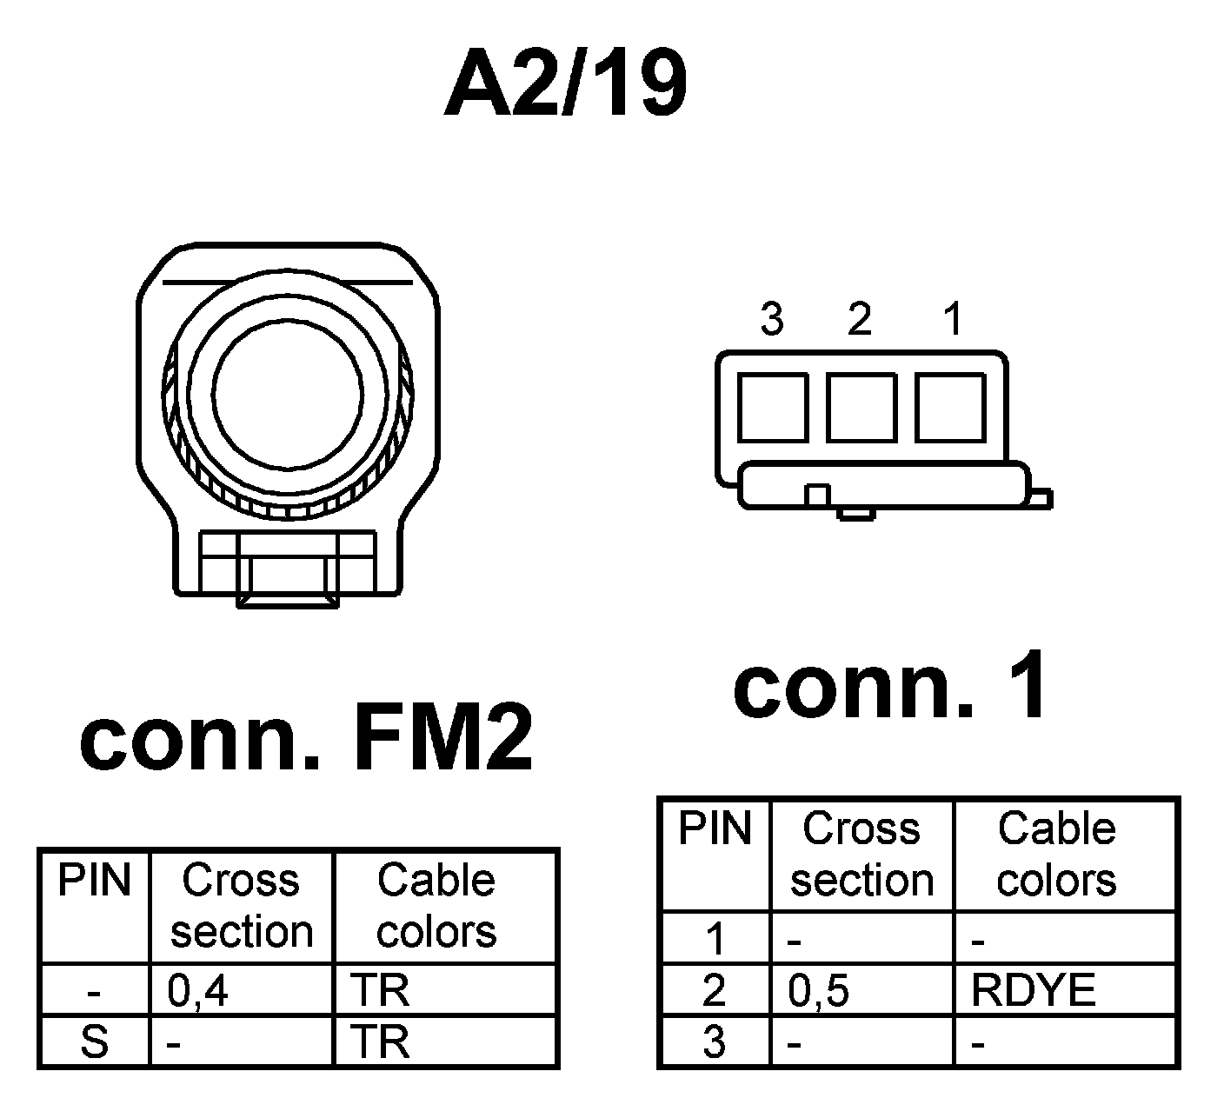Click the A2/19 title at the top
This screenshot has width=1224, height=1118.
565,84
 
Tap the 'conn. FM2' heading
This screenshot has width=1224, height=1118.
306,741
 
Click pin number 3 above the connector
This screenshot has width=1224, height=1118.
771,320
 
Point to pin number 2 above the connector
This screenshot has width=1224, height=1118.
859,320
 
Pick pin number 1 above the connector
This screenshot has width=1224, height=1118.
954,320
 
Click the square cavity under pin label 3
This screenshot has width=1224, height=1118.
772,407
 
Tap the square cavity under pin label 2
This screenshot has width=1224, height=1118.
861,407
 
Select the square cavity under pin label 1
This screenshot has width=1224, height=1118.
950,407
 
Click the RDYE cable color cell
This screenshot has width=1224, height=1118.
1033,990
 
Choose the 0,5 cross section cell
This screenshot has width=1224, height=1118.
818,990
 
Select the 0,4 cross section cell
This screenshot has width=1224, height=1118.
198,990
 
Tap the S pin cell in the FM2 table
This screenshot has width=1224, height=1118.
94,1041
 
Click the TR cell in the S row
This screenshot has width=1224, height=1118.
379,1041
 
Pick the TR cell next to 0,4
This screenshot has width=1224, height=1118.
379,990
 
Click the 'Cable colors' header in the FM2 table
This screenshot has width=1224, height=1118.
436,906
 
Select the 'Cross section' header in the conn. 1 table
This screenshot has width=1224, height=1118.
861,854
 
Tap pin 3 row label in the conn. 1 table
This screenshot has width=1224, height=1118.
715,1041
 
